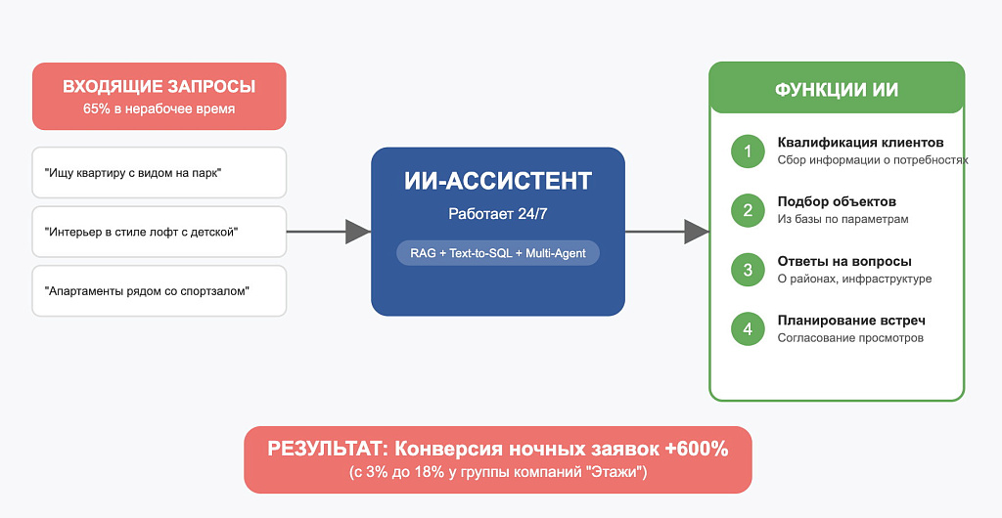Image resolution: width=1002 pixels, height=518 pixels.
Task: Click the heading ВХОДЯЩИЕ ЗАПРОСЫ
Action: pyautogui.click(x=159, y=87)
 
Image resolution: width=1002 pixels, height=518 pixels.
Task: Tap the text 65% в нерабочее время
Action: pyautogui.click(x=159, y=109)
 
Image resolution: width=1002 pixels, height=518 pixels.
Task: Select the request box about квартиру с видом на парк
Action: pyautogui.click(x=159, y=173)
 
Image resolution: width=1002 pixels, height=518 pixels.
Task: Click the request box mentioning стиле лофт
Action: pyautogui.click(x=159, y=232)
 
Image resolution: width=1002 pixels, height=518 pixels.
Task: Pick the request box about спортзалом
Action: pyautogui.click(x=159, y=291)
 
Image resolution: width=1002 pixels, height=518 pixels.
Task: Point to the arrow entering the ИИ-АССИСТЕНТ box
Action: pyautogui.click(x=329, y=232)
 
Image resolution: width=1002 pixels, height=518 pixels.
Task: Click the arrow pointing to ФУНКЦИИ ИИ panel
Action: pyautogui.click(x=667, y=232)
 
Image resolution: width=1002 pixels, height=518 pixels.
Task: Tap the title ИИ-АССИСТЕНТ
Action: pyautogui.click(x=498, y=181)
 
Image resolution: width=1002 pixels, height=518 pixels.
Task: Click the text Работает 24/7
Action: pyautogui.click(x=498, y=214)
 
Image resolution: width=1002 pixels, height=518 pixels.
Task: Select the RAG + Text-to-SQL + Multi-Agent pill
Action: pyautogui.click(x=498, y=253)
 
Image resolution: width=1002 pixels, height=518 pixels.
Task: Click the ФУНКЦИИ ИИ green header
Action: pyautogui.click(x=837, y=88)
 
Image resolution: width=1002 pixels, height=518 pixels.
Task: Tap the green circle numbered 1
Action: pyautogui.click(x=748, y=151)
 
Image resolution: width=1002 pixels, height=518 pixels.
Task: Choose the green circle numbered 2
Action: pyautogui.click(x=748, y=210)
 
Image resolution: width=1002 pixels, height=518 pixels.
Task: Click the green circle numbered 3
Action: pyautogui.click(x=748, y=270)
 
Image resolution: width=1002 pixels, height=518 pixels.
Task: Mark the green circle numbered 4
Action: pyautogui.click(x=748, y=329)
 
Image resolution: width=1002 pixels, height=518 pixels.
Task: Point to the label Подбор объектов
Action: pyautogui.click(x=838, y=201)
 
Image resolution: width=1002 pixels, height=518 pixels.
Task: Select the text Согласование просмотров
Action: pyautogui.click(x=850, y=338)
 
